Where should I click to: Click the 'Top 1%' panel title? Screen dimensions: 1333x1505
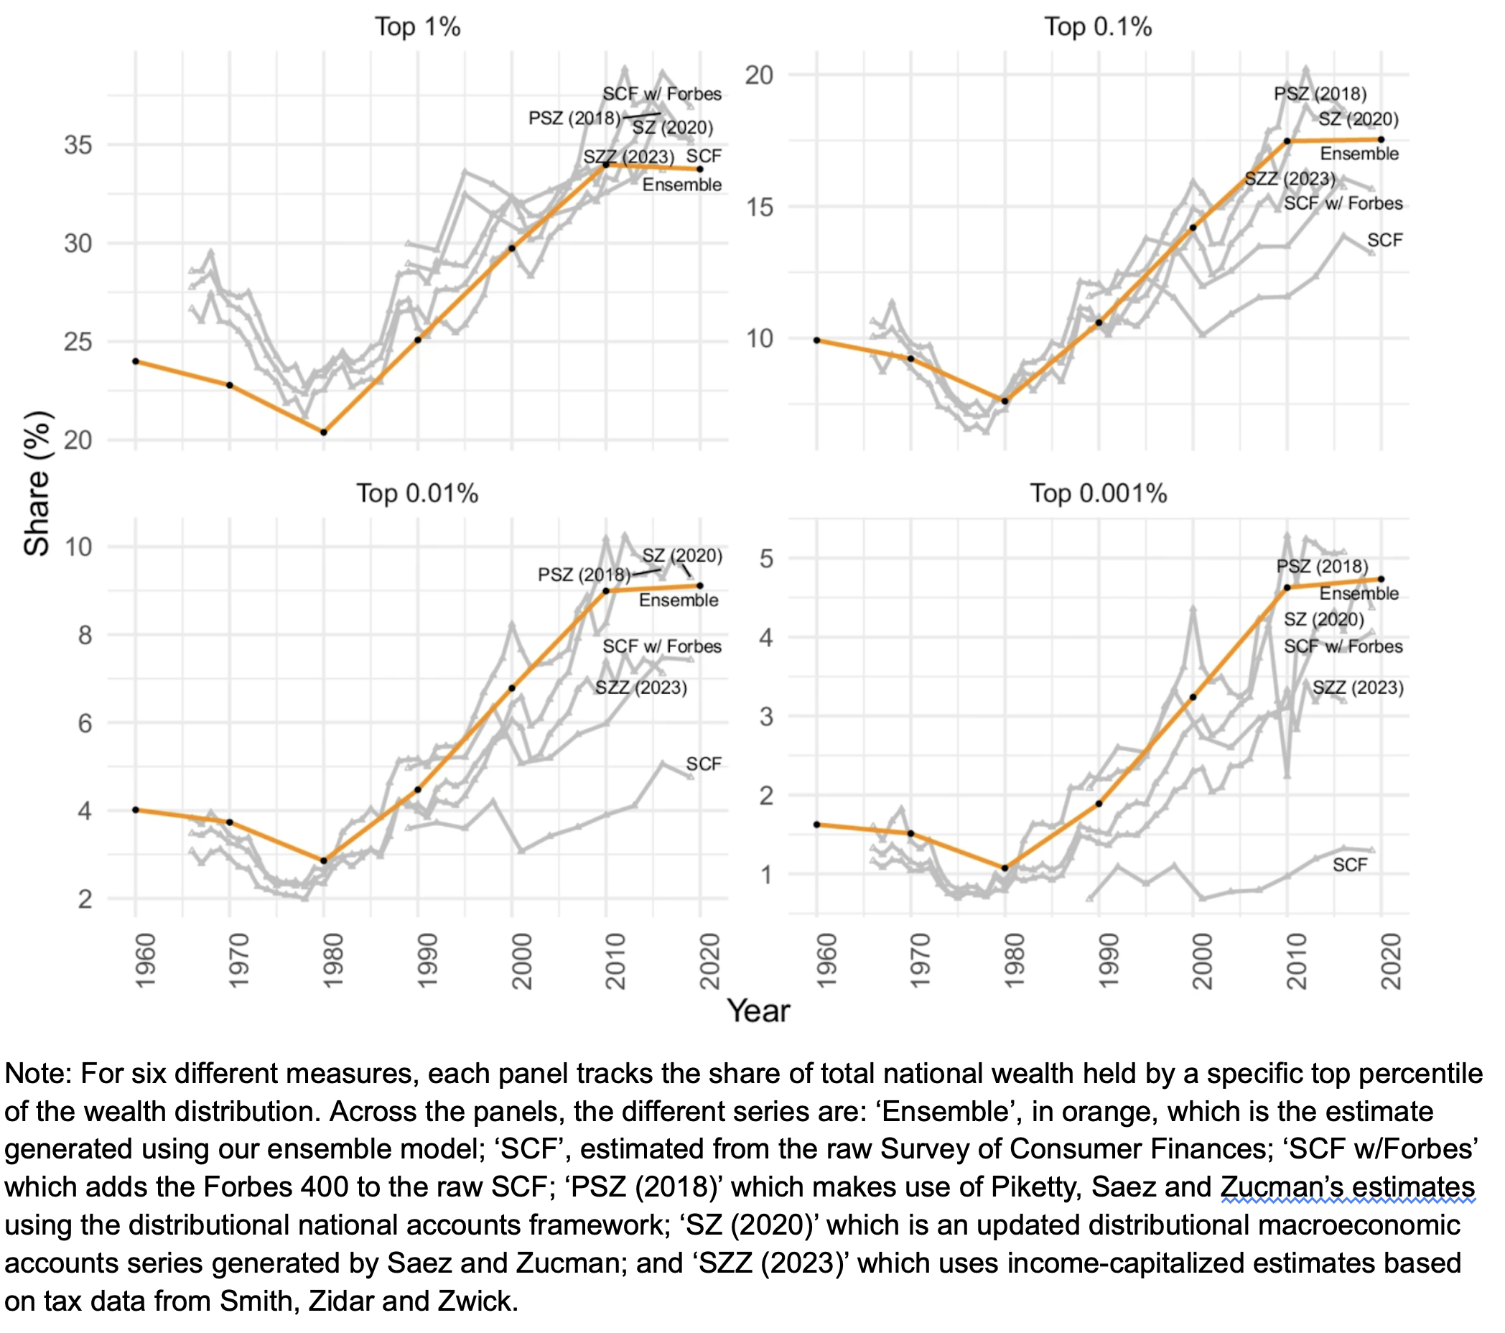pos(417,27)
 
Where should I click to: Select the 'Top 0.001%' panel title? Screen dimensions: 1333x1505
pos(1098,493)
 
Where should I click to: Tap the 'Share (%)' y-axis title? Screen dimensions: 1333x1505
pos(37,483)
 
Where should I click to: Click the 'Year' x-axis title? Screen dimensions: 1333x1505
pos(758,1011)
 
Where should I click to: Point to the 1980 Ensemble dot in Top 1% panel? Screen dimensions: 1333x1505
pos(324,432)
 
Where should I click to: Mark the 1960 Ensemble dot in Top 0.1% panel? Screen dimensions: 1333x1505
pos(816,340)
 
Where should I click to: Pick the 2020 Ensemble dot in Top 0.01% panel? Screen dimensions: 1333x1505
pos(700,585)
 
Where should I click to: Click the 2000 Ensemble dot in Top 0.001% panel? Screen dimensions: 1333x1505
pos(1193,697)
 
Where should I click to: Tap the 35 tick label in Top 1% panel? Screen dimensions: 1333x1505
pos(78,145)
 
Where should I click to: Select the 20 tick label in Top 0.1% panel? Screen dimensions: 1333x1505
pos(759,75)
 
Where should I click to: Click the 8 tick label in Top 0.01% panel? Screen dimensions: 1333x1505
pos(85,635)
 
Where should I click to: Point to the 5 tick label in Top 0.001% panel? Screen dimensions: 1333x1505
pos(766,558)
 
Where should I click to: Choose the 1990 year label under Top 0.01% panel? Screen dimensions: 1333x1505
pos(427,960)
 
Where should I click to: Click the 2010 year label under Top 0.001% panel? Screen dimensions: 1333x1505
pos(1296,960)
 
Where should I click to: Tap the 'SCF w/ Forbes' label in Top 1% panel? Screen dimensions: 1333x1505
pos(662,94)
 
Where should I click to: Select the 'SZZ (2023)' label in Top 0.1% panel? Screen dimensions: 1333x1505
pos(1290,179)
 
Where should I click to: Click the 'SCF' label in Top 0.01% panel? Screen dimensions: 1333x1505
pos(703,763)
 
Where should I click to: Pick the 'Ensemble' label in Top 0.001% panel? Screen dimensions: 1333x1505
pos(1359,593)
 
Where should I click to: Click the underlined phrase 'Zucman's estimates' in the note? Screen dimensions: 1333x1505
pos(1348,1187)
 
